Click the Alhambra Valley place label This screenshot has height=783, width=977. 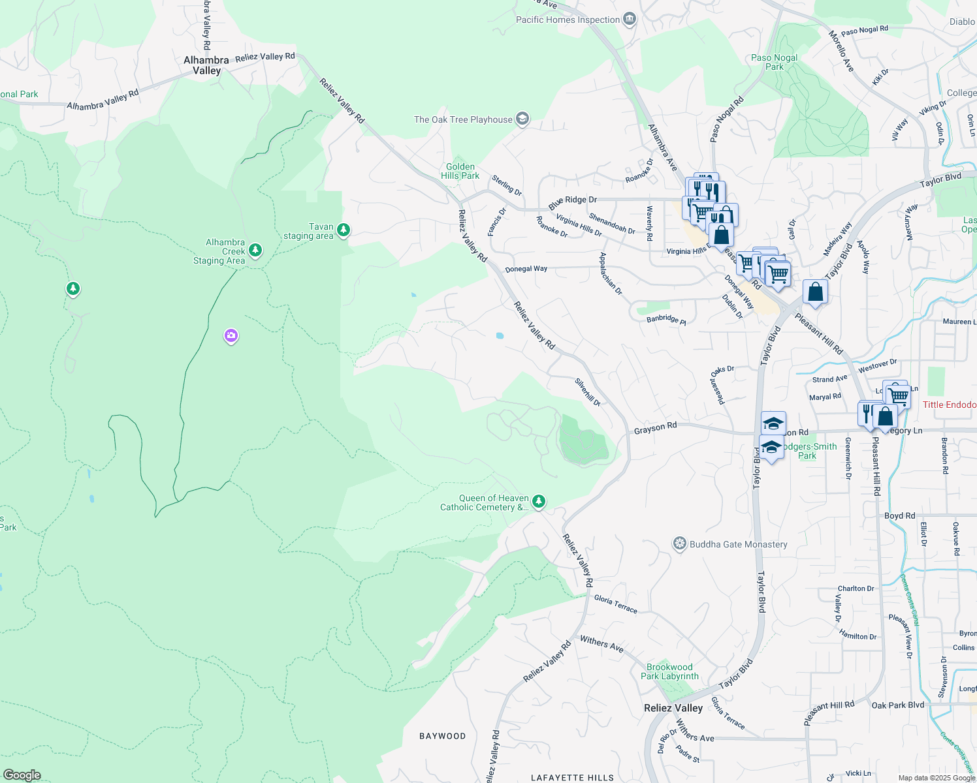tap(206, 65)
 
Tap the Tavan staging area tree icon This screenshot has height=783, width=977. tap(344, 230)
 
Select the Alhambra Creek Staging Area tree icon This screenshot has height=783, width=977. tap(255, 250)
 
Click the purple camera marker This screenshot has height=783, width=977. tap(231, 336)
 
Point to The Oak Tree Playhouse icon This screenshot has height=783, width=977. tap(522, 119)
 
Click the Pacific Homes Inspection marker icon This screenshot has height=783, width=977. tap(630, 19)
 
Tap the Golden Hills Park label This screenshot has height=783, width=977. tap(460, 171)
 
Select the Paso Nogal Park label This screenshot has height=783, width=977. tap(775, 62)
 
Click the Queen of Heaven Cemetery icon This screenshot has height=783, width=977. tap(539, 501)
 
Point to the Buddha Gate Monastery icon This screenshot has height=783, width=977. tap(680, 544)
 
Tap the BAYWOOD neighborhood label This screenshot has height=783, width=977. tap(443, 736)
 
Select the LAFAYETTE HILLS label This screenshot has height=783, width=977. tap(572, 778)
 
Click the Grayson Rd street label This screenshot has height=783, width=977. tap(655, 427)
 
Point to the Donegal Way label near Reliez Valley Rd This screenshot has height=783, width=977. tap(526, 269)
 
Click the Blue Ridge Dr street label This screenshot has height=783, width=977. tap(573, 203)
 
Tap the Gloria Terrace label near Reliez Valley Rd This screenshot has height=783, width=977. tap(615, 604)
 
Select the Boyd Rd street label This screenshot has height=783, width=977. tap(900, 515)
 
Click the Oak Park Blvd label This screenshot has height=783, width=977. tap(898, 705)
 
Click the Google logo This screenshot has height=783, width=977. tap(22, 775)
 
